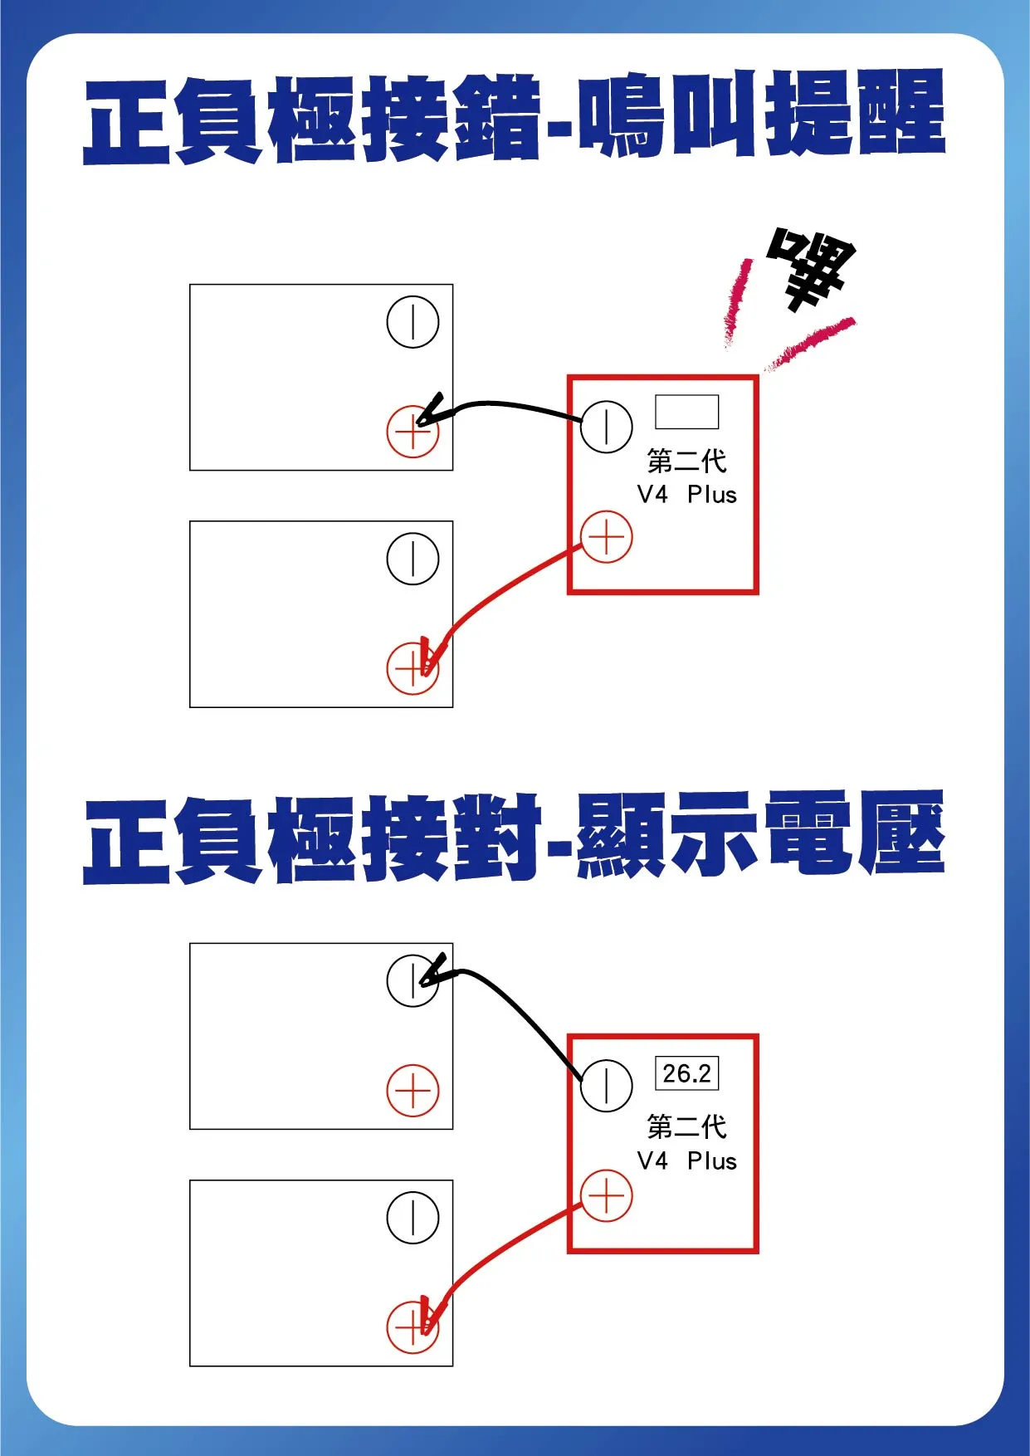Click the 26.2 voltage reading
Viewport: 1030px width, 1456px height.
click(686, 1073)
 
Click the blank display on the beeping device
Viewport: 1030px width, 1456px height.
click(686, 412)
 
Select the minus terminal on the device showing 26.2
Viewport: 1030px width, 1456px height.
click(607, 1085)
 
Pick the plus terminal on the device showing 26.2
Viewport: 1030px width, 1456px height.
click(607, 1196)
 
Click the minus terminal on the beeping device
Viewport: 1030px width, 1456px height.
click(607, 427)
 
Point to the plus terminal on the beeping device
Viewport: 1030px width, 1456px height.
click(607, 536)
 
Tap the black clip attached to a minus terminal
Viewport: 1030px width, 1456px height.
click(435, 971)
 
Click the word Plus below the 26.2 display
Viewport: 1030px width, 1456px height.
click(711, 1160)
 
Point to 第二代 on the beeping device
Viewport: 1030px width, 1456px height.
click(686, 461)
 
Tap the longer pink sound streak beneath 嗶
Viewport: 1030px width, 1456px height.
click(809, 342)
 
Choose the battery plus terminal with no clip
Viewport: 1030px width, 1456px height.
click(412, 1090)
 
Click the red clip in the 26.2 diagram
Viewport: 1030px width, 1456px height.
click(428, 1316)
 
